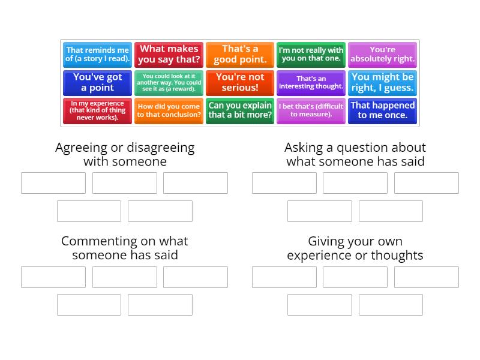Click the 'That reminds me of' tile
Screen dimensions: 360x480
click(97, 55)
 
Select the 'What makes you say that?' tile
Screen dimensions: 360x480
click(169, 55)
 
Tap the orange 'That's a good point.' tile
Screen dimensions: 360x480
click(240, 55)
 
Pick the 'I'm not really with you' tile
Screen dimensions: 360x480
click(311, 55)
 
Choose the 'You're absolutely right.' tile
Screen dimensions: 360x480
click(382, 55)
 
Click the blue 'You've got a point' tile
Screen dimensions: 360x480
click(97, 83)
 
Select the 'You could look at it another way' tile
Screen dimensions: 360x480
click(169, 83)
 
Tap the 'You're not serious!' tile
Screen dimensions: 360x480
click(240, 83)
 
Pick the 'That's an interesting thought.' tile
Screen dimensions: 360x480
click(311, 83)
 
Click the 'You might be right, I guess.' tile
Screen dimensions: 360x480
click(382, 83)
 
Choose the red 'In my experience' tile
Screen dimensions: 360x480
click(97, 111)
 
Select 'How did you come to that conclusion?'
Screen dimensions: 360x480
click(169, 111)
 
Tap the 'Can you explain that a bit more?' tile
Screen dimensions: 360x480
click(240, 111)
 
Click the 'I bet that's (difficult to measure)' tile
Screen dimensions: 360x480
click(311, 111)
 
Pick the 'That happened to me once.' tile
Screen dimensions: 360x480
click(382, 111)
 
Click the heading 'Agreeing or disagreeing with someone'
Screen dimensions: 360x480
click(125, 154)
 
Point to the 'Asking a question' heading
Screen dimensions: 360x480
click(355, 154)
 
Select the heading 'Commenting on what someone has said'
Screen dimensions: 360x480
click(125, 248)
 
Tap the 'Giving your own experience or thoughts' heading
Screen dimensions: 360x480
click(355, 248)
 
